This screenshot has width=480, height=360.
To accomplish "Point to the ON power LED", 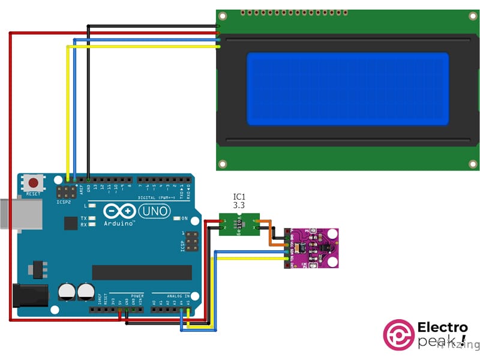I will tap(177, 218).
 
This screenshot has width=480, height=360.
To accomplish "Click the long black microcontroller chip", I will tap(142, 272).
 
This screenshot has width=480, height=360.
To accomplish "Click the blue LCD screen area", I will tap(347, 89).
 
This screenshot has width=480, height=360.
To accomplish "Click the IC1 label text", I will tap(239, 197).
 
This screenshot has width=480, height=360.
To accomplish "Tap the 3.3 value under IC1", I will tap(239, 205).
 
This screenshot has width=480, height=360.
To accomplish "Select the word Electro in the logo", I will tap(443, 328).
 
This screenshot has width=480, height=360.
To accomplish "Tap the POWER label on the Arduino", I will tap(137, 296).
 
